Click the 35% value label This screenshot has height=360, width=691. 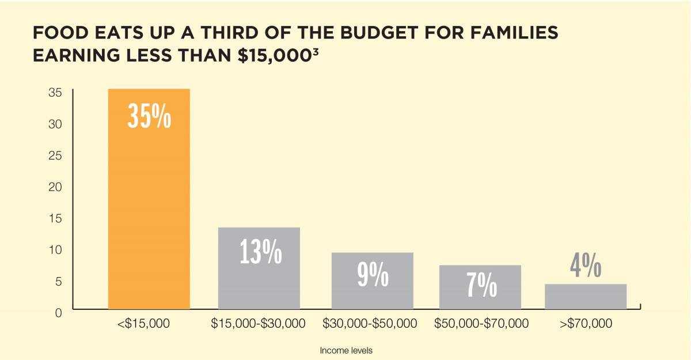pyautogui.click(x=149, y=116)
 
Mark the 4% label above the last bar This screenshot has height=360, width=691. pyautogui.click(x=586, y=266)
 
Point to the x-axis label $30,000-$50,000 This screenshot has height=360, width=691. pyautogui.click(x=370, y=324)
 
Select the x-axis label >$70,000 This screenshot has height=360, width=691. pyautogui.click(x=586, y=324)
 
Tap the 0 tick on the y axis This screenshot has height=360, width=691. pyautogui.click(x=58, y=313)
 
